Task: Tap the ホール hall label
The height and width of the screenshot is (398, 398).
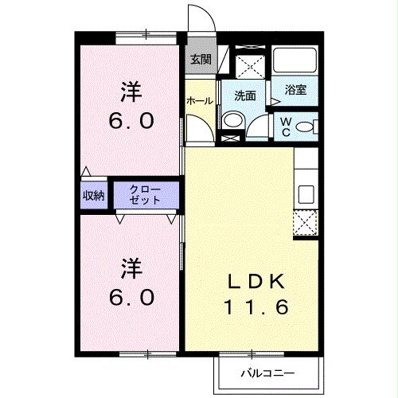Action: tap(198, 101)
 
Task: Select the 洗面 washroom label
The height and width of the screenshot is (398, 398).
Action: tap(244, 96)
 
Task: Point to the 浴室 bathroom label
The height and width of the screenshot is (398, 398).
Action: tap(297, 91)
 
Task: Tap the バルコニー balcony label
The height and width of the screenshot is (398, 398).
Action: tap(268, 373)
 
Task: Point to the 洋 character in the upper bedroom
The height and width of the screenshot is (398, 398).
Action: tap(131, 93)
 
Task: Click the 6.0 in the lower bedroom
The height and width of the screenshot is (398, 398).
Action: tap(131, 295)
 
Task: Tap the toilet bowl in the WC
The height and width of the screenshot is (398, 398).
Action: tap(311, 125)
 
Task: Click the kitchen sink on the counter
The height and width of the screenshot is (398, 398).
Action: tap(306, 193)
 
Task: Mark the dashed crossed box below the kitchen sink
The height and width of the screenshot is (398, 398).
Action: tap(306, 224)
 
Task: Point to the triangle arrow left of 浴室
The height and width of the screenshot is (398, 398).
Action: tap(275, 101)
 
